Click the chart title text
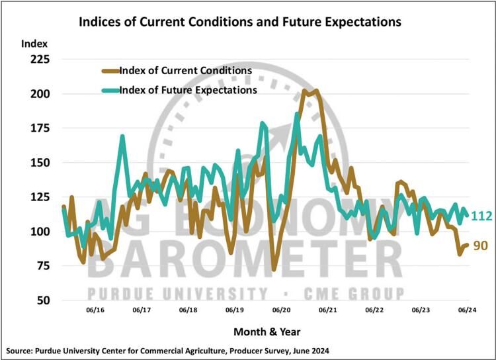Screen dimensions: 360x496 (240, 22)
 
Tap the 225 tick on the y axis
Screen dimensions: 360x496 (39, 60)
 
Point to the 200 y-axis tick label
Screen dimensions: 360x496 (39, 94)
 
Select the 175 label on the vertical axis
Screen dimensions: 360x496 (39, 128)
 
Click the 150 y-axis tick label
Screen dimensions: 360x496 (39, 163)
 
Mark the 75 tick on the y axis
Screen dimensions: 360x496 (42, 266)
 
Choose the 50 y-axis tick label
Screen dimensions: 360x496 (42, 300)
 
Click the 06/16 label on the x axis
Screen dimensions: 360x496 (96, 309)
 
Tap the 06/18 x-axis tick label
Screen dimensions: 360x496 (188, 309)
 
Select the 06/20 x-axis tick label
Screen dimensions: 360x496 (281, 309)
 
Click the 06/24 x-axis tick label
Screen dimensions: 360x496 (466, 309)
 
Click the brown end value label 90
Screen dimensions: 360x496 (481, 246)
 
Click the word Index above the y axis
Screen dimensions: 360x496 (34, 44)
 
